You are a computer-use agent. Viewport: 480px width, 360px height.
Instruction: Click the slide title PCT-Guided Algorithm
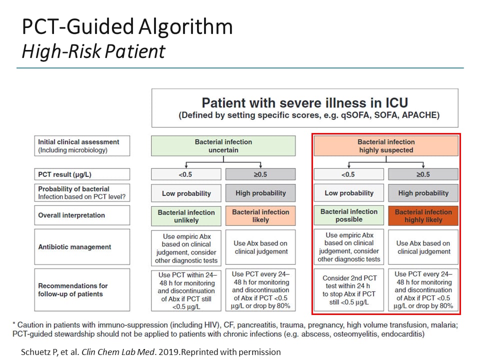coord(127,26)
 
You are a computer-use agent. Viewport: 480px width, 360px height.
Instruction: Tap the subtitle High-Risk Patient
coord(93,51)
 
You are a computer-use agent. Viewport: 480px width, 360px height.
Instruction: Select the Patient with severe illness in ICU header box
coord(304,108)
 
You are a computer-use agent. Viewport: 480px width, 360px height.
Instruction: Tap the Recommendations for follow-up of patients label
coord(73,290)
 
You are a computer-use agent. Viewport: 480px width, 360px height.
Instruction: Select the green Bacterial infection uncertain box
coord(223,146)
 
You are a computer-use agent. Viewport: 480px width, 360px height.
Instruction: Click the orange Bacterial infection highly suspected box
coord(386,146)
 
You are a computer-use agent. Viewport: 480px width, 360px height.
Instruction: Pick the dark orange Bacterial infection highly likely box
coord(423,215)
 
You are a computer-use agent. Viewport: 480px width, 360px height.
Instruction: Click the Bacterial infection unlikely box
coord(186,216)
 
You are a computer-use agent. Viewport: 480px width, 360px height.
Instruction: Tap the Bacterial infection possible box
coord(349,215)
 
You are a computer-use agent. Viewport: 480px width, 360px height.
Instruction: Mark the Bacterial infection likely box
coord(260,216)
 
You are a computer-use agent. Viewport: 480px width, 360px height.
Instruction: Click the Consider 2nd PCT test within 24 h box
coord(349,290)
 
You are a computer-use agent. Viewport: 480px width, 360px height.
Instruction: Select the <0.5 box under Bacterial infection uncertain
coord(186,174)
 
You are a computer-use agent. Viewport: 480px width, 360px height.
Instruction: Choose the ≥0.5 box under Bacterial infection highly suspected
coord(423,174)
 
